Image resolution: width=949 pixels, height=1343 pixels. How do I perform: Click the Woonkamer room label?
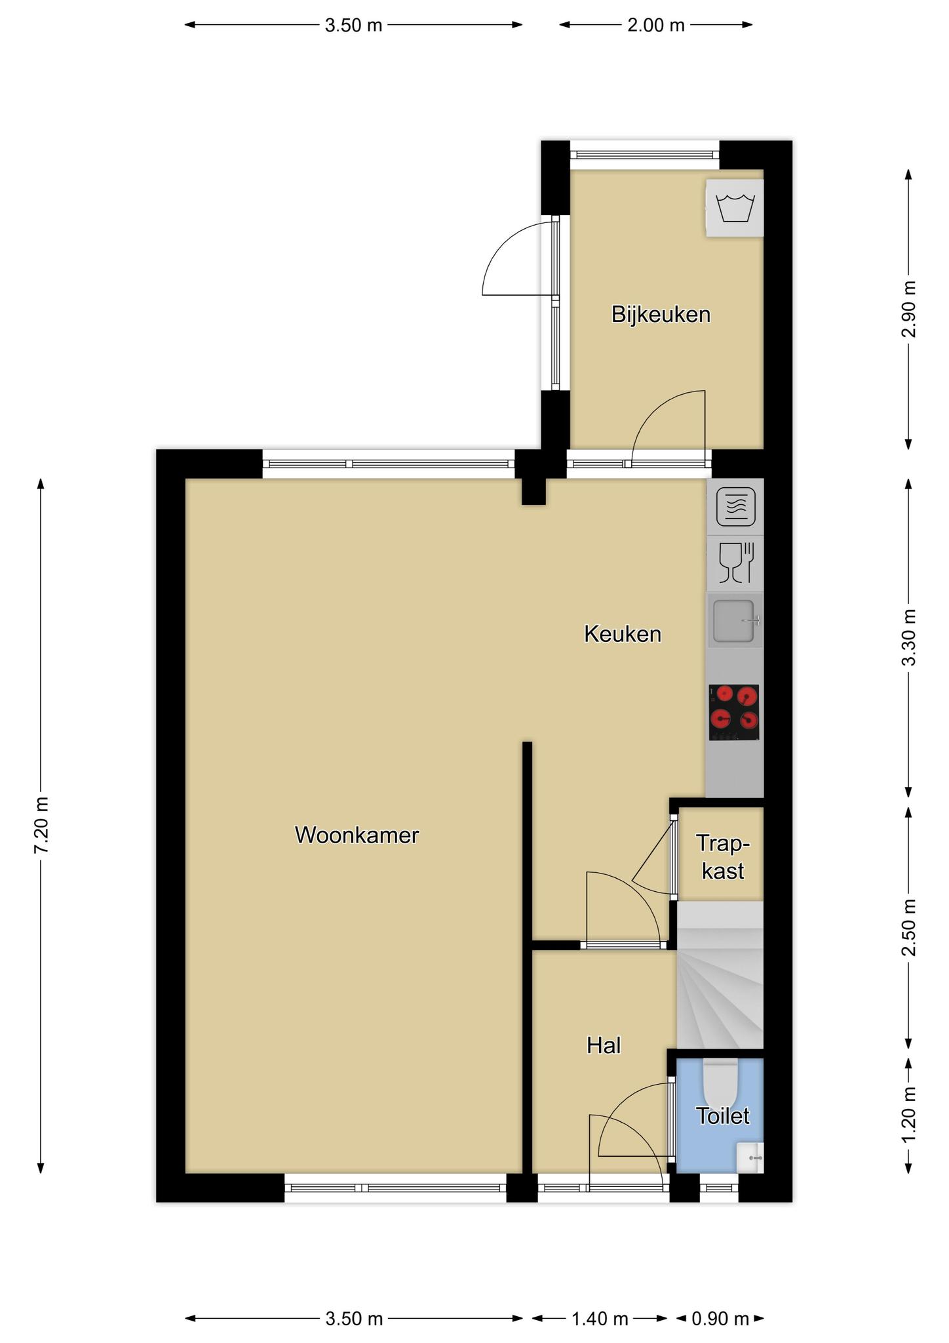point(357,835)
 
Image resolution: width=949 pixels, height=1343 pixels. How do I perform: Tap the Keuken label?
point(623,634)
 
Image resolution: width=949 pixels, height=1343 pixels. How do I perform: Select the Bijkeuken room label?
point(661,314)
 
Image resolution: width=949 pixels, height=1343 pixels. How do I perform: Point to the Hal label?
point(604,1045)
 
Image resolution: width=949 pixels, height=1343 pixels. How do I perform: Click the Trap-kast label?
point(723,856)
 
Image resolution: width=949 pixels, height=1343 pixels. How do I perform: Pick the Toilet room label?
point(723,1115)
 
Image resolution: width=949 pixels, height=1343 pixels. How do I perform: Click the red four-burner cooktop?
point(734,712)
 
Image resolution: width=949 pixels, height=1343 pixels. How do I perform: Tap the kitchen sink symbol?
point(735,620)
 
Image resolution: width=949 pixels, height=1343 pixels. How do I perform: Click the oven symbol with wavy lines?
point(736,507)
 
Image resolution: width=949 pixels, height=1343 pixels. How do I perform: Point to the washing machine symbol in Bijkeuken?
point(735,208)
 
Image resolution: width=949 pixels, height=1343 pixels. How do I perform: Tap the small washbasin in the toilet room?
point(750,1157)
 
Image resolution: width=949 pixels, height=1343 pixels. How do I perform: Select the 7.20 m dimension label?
point(41,825)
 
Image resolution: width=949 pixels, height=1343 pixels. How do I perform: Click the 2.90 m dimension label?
point(908,309)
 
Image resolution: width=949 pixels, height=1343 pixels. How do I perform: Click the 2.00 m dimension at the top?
point(656,26)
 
